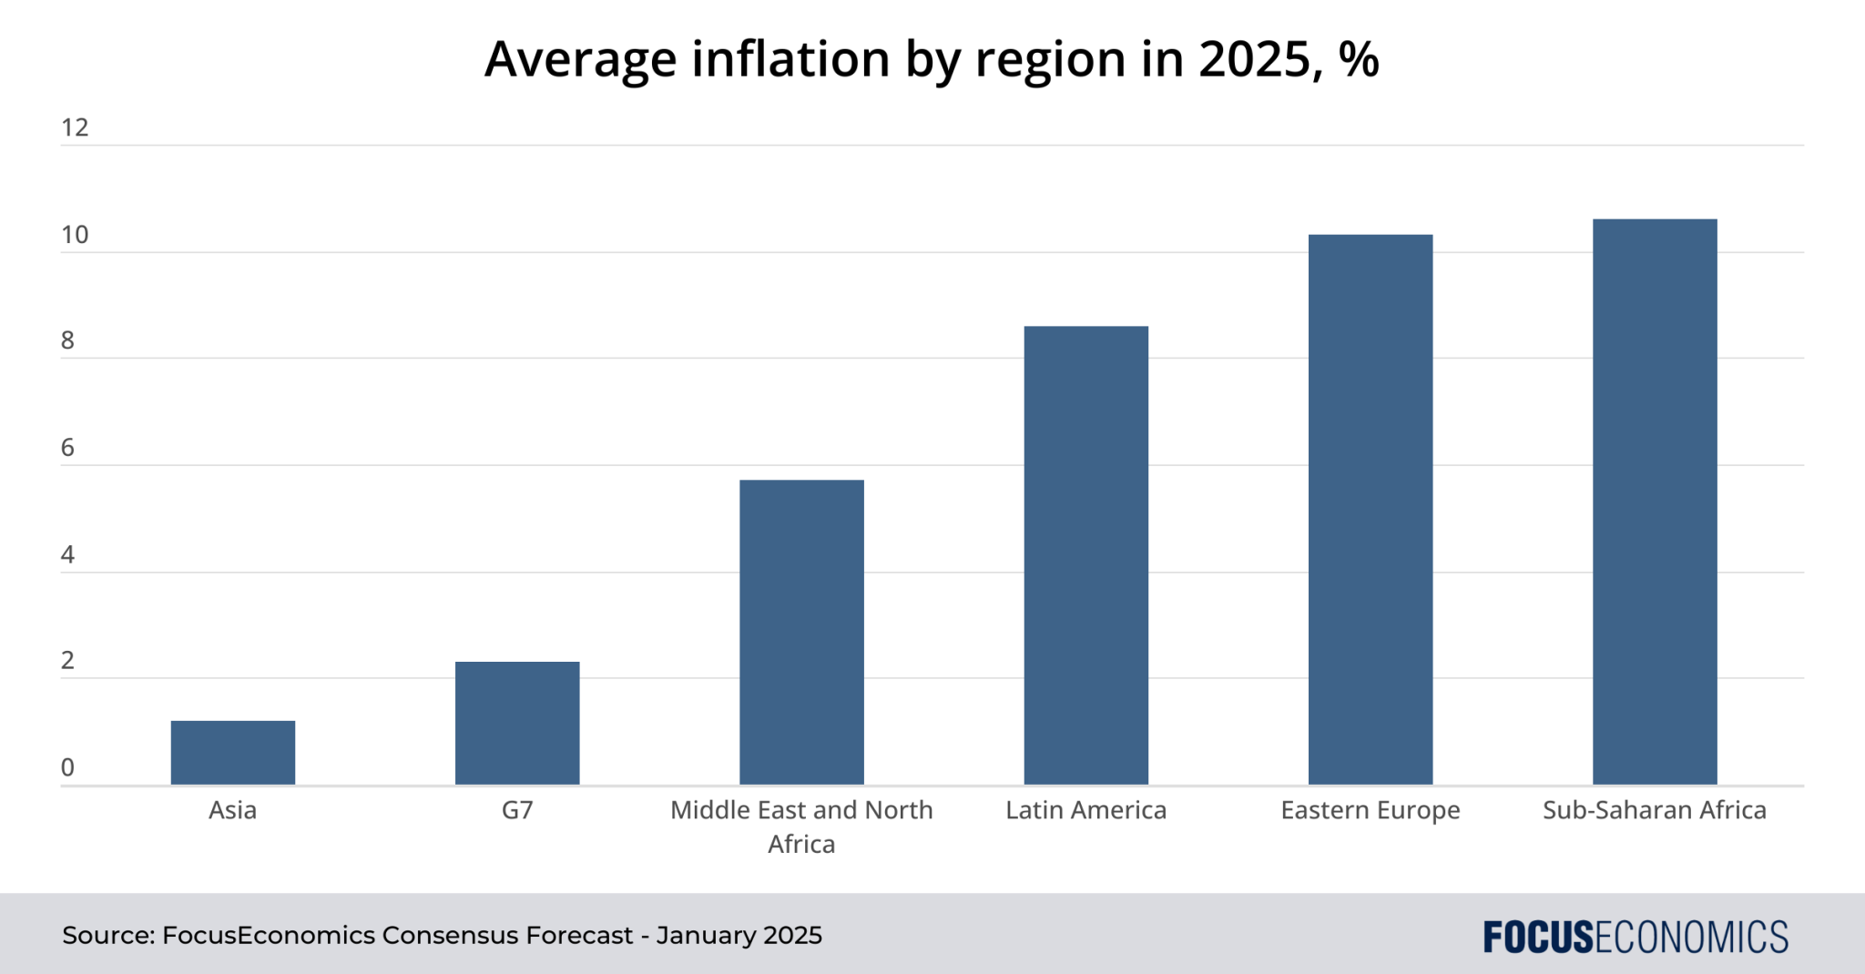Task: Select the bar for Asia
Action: (x=233, y=753)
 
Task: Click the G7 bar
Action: (x=517, y=723)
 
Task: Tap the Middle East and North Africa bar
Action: (x=801, y=632)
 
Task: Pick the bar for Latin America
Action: (x=1085, y=555)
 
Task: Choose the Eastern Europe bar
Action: (x=1371, y=510)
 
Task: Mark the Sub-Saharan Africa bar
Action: (x=1655, y=502)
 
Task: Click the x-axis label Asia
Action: (x=233, y=810)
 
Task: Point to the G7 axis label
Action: (x=517, y=810)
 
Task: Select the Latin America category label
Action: (x=1085, y=810)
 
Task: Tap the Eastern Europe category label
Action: (x=1371, y=810)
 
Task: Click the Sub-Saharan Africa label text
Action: (x=1655, y=810)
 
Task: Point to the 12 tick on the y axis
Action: (x=75, y=127)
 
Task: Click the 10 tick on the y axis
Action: (x=75, y=235)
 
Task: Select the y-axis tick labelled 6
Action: (x=67, y=448)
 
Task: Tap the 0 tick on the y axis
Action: (x=67, y=767)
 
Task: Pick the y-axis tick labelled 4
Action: (x=67, y=554)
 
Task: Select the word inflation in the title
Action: (x=792, y=59)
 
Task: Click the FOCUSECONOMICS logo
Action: (x=1635, y=937)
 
